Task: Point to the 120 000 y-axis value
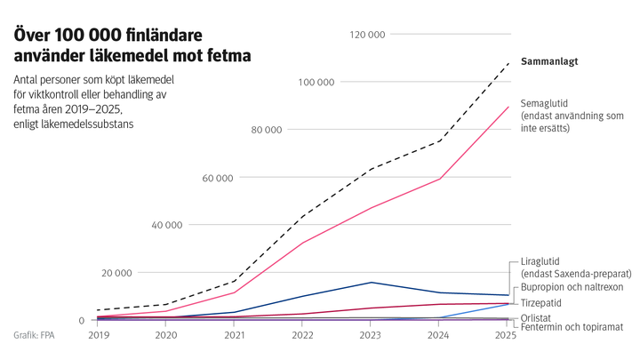(368, 35)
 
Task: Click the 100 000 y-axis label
(316, 82)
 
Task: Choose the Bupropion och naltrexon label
(572, 288)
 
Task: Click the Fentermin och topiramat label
(572, 328)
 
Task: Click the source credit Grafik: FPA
(33, 335)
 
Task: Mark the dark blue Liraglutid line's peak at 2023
(372, 283)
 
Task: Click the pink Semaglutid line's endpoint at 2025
(508, 107)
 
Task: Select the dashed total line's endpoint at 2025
(508, 63)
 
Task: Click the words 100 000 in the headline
(90, 36)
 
